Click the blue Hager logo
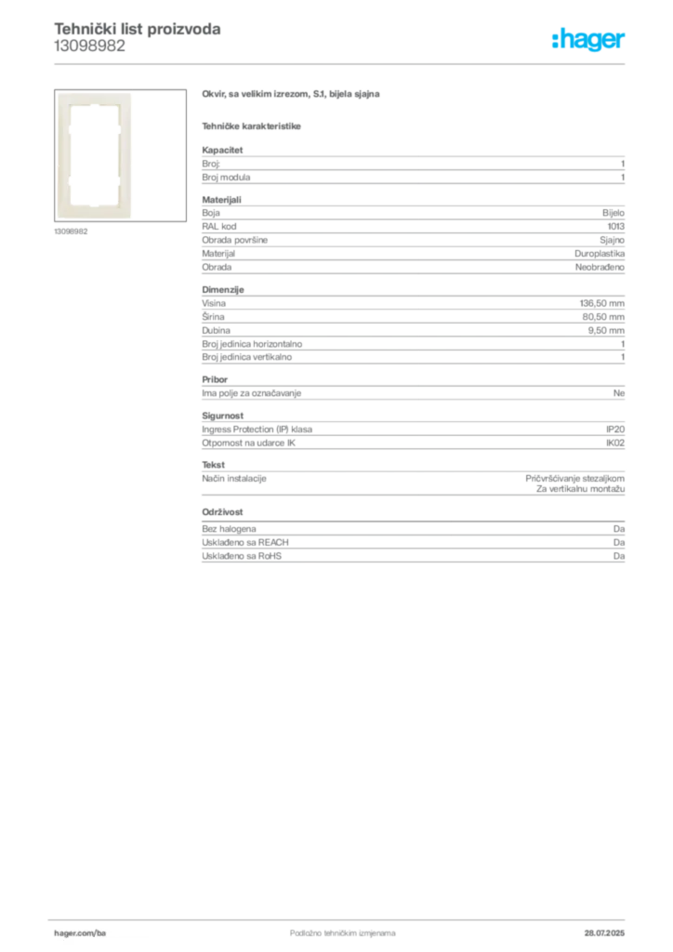[x=589, y=41]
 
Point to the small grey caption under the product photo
[x=71, y=231]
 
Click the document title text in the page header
[x=138, y=29]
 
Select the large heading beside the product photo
[x=293, y=95]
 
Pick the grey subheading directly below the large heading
[x=253, y=126]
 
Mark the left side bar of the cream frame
[x=65, y=155]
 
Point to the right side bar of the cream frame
[x=125, y=155]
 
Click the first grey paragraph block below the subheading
[x=412, y=165]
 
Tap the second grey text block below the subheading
[x=412, y=236]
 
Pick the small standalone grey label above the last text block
[x=223, y=512]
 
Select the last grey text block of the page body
[x=412, y=546]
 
